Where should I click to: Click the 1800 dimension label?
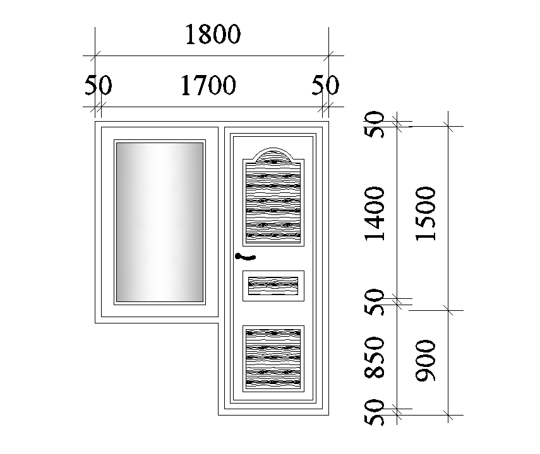click(213, 35)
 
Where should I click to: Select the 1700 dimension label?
click(208, 85)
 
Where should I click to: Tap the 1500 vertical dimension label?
click(428, 213)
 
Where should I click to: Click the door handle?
click(244, 256)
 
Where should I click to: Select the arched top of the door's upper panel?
click(273, 155)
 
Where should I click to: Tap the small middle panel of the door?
click(273, 286)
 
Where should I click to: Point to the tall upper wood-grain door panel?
click(273, 202)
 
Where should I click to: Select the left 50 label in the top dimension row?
click(98, 85)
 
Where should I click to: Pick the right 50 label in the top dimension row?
click(325, 85)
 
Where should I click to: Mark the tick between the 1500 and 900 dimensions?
click(448, 310)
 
